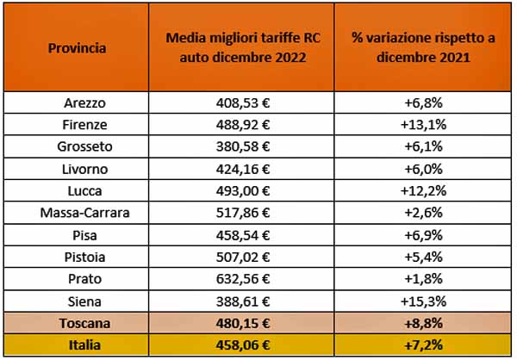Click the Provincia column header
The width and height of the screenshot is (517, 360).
coord(78,47)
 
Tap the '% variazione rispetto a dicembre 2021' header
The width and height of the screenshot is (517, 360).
coord(413,47)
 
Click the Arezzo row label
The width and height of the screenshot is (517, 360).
coord(78,103)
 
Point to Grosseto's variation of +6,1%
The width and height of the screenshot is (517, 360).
coord(413,146)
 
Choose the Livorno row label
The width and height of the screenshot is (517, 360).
coord(78,168)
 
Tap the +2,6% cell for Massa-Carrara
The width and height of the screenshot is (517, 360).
coord(413,211)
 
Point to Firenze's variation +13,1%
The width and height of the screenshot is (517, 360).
coord(413,125)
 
